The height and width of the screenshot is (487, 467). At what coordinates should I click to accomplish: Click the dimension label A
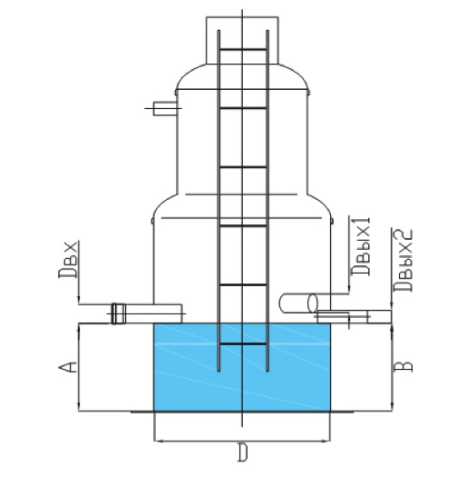tap(67, 367)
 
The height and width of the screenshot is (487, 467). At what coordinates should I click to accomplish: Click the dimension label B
tap(404, 366)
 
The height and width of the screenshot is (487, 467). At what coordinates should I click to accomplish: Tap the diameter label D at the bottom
tap(243, 452)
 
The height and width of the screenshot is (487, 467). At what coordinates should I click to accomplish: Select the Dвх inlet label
tap(67, 259)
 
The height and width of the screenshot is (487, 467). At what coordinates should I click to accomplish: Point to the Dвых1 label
tap(361, 246)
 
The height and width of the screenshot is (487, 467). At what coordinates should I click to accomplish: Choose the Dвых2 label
tap(404, 260)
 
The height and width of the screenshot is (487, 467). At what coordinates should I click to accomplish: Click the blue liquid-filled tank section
tap(242, 367)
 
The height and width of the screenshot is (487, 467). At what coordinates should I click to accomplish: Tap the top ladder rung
tap(243, 49)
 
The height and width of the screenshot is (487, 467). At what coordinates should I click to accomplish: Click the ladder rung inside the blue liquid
tap(243, 343)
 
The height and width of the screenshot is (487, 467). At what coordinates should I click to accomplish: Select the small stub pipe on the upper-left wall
tap(165, 108)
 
